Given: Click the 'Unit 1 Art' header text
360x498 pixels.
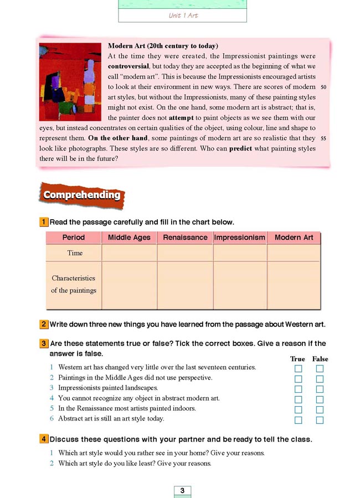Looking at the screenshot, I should pyautogui.click(x=183, y=15).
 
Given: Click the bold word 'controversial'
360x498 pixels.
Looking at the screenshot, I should pyautogui.click(x=129, y=66).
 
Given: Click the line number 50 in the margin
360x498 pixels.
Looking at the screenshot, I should pyautogui.click(x=324, y=87).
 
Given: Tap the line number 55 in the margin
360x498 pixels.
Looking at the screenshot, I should pyautogui.click(x=324, y=138).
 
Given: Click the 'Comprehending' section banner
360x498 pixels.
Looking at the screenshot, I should pyautogui.click(x=82, y=195).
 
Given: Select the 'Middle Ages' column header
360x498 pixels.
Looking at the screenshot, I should pyautogui.click(x=129, y=237).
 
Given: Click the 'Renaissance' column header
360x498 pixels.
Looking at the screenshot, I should pyautogui.click(x=185, y=237).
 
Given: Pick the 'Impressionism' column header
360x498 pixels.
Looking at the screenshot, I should pyautogui.click(x=240, y=237).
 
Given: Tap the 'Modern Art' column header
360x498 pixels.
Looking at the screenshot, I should pyautogui.click(x=294, y=237).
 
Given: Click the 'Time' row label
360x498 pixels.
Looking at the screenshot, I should pyautogui.click(x=75, y=253).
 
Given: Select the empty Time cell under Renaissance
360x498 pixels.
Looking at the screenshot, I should pyautogui.click(x=185, y=253).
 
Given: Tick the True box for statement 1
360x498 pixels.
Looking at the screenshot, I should pyautogui.click(x=299, y=369).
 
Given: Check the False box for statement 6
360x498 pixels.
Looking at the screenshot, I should pyautogui.click(x=320, y=421).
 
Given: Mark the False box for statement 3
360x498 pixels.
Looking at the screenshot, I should pyautogui.click(x=320, y=390).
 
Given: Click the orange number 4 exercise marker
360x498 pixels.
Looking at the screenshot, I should pyautogui.click(x=43, y=439).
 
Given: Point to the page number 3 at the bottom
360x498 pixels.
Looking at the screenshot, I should pyautogui.click(x=182, y=490).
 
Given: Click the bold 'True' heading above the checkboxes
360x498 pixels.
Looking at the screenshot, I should pyautogui.click(x=297, y=359).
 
